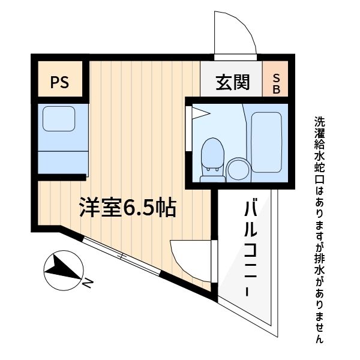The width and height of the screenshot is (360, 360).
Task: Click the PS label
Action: click(59, 82)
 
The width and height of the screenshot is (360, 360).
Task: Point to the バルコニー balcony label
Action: click(250, 246)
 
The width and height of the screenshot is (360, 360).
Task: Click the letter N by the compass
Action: click(88, 282)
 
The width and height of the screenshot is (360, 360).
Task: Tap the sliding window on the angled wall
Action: click(122, 257)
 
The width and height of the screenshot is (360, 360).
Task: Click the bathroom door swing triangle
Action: click(199, 112)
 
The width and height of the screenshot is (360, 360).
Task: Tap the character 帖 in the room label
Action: click(165, 207)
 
